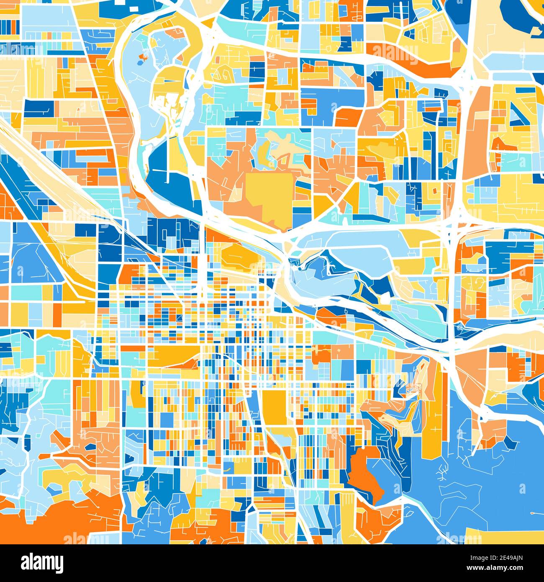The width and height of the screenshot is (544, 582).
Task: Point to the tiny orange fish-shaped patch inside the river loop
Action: [x=144, y=57]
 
